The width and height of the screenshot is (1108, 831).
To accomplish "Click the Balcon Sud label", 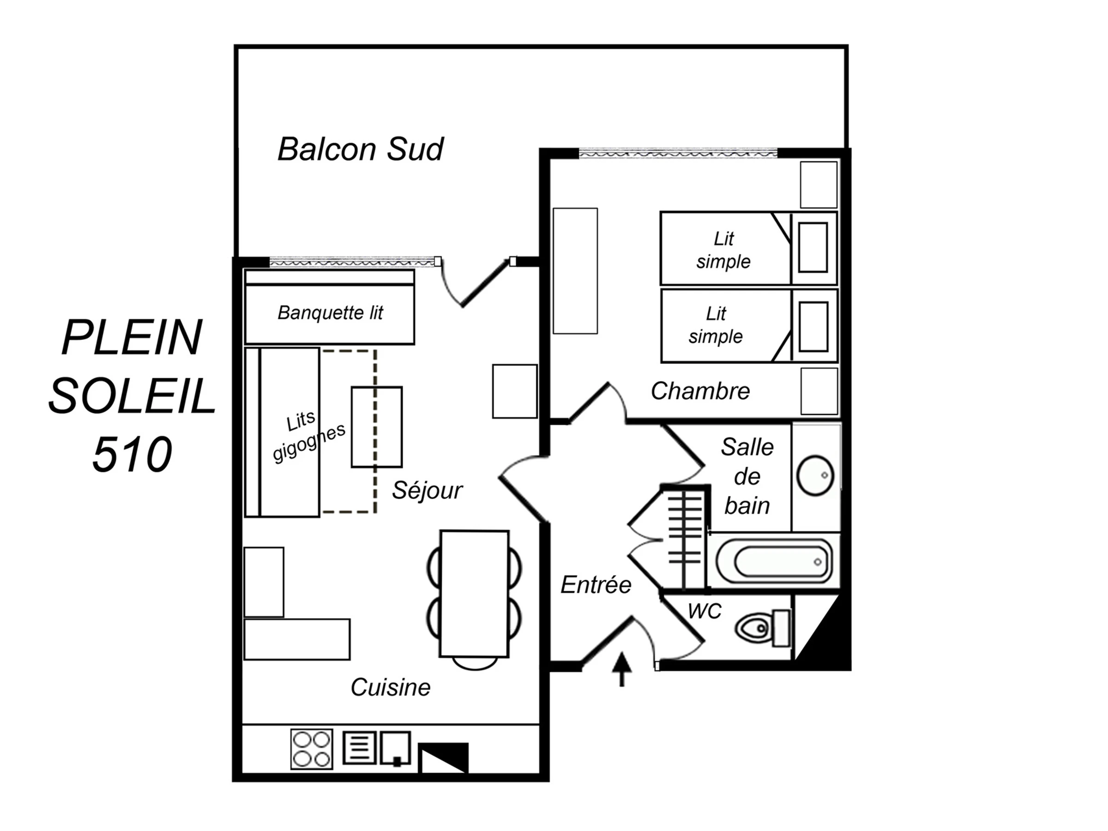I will pos(360,149).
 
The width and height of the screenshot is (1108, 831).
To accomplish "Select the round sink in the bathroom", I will pos(815,476).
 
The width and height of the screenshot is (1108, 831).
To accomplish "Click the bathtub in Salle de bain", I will pos(774,561).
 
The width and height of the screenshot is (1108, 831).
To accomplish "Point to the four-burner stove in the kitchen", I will pos(311,749).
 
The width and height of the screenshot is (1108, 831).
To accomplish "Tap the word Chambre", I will pos(700,391).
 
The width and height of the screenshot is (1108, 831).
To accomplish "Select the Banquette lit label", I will pos(330,313).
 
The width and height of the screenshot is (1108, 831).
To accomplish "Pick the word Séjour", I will pos(427,490).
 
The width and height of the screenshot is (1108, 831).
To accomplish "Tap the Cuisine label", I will pos(390,687).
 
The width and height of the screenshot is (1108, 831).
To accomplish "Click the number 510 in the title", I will pos(132,454).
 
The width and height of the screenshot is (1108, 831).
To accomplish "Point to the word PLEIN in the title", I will pos(132,337).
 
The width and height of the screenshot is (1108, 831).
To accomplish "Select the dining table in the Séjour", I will pos(474,594).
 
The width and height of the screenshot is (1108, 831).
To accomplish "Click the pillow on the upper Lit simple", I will pos(813,247).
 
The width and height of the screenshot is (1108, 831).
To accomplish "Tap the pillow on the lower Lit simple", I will pos(813,327).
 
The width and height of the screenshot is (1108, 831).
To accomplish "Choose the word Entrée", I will pos(596,584).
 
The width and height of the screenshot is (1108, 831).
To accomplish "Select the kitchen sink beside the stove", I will pos(395,748).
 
